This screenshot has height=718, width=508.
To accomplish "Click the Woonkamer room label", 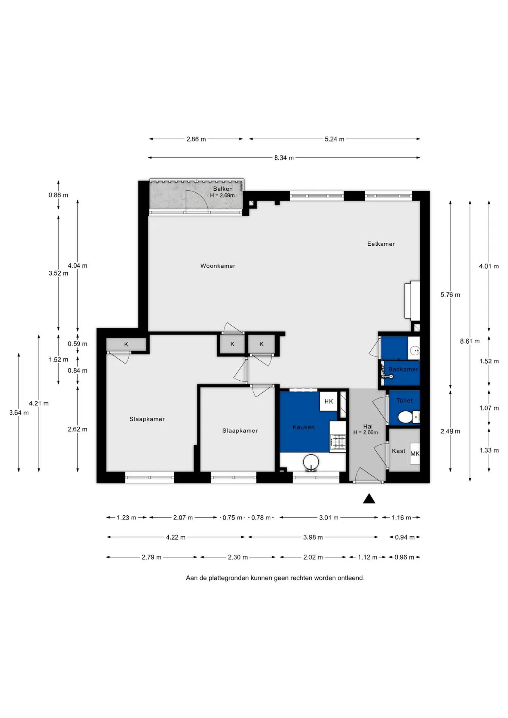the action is tap(218, 266).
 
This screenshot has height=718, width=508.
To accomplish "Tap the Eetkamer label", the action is tap(381, 244).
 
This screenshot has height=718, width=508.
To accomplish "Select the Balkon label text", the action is tap(223, 189).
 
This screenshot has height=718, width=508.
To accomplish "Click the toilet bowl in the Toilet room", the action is tap(408, 417).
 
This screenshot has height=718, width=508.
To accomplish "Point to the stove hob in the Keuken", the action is tap(338, 441).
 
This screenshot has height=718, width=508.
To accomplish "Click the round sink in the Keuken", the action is tap(311, 462).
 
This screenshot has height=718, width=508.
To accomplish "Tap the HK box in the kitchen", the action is tap(329, 401).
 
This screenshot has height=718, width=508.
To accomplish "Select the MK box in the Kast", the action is tap(415, 454).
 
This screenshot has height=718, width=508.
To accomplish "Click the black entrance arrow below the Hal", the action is tap(369, 498).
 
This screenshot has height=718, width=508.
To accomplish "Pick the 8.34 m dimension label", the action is tap(284, 158).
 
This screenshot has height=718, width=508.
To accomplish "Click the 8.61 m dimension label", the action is tap(470, 341).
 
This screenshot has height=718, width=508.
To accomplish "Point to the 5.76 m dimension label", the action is tap(450, 295).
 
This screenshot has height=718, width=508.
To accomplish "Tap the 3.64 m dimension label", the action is tap(19, 412).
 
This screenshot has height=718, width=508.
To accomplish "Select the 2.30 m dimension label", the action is tap(238, 557).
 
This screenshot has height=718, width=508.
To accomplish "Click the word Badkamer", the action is tap(403, 369).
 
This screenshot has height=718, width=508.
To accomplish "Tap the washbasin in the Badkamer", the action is tap(414, 350).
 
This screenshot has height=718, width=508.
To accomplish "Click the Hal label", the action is tap(368, 426).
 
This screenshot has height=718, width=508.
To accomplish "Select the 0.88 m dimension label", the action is tap(58, 195).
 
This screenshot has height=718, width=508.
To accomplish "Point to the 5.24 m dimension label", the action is tap(334, 139).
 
